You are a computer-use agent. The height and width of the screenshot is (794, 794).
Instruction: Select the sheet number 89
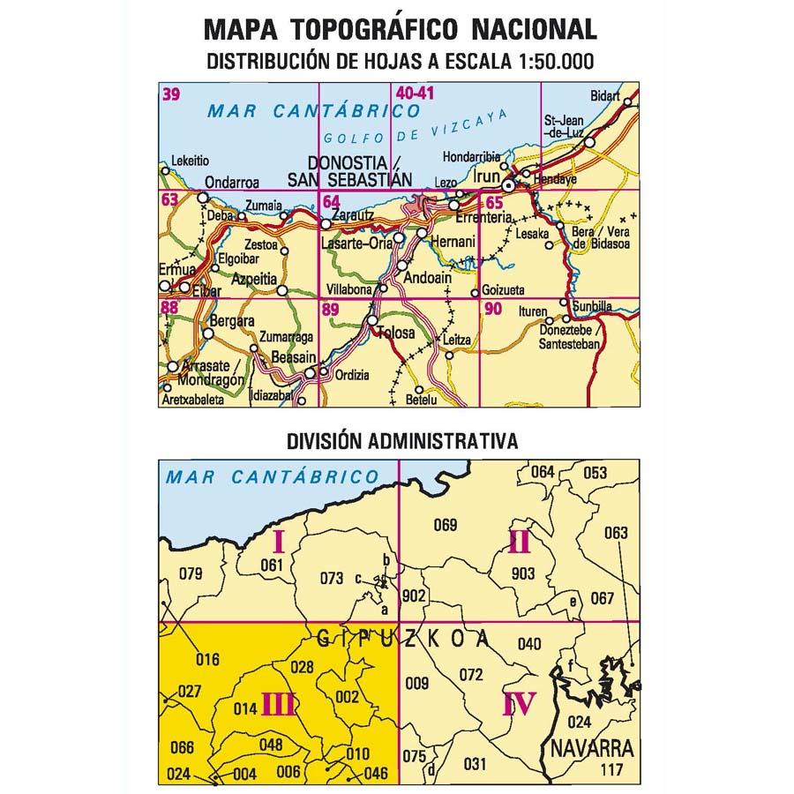pos(331,309)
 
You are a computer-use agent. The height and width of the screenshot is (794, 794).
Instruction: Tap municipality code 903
pos(523,574)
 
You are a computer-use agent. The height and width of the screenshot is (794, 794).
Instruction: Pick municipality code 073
pos(331,579)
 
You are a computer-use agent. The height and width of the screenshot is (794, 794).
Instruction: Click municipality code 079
pos(191,574)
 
